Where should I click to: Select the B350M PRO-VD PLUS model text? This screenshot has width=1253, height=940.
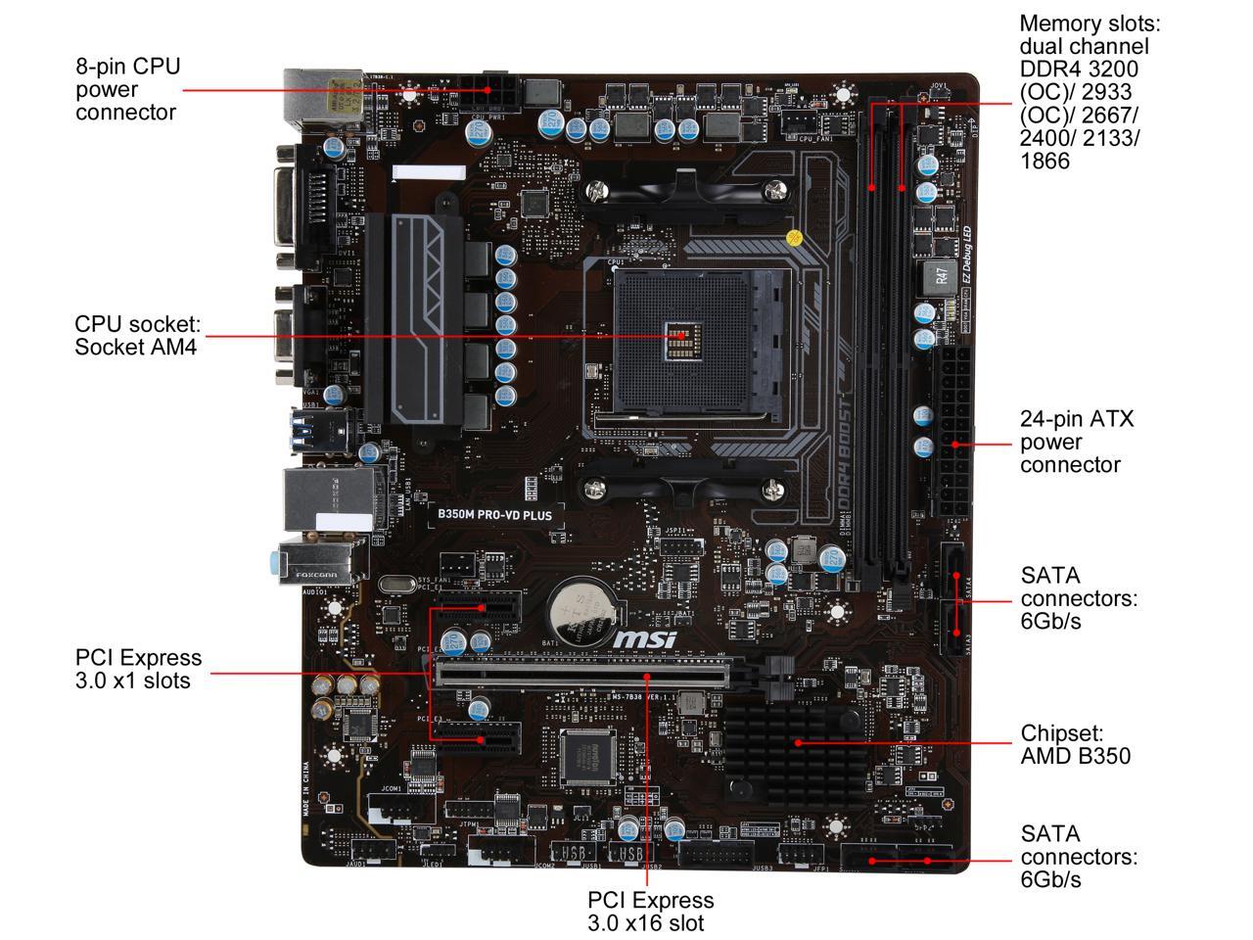(494, 513)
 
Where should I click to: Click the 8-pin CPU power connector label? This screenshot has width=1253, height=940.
(127, 89)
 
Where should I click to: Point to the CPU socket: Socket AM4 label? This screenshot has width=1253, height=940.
(138, 335)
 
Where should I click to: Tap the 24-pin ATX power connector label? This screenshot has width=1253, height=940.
(1077, 442)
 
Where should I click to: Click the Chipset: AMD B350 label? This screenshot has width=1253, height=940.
(1075, 744)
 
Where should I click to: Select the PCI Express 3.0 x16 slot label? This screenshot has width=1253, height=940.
(650, 911)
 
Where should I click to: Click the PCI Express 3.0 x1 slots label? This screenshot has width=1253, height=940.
(138, 669)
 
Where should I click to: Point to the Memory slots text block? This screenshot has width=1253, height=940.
(1083, 91)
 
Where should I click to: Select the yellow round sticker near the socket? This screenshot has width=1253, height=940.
(796, 237)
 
